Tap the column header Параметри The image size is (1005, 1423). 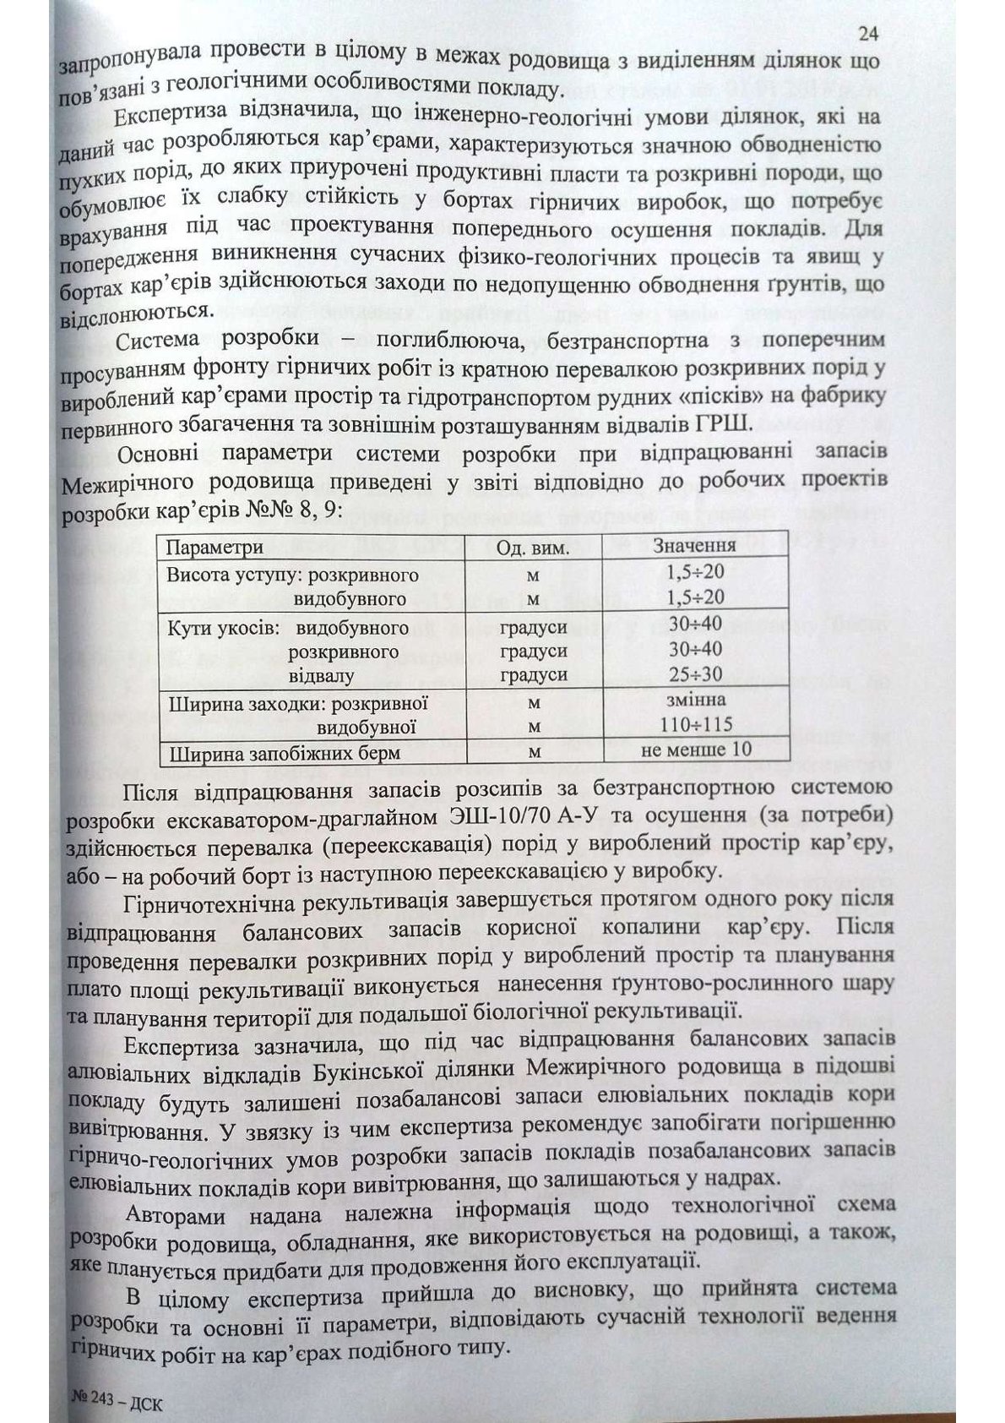(x=215, y=548)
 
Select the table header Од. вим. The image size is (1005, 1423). (x=533, y=548)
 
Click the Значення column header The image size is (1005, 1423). (x=694, y=545)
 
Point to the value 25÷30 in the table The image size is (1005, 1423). (x=695, y=673)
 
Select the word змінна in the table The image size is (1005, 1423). (x=695, y=700)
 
